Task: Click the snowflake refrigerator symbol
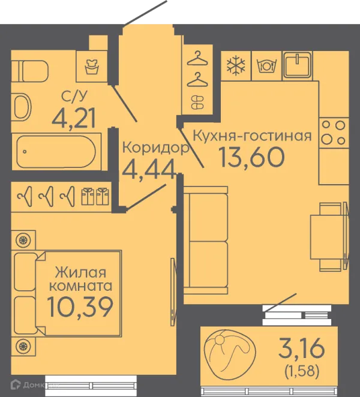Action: point(236,66)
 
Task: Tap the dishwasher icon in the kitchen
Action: point(266,65)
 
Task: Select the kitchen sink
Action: point(297,65)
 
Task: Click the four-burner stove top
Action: point(334,133)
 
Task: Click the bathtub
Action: point(56,152)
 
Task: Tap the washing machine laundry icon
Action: point(92,67)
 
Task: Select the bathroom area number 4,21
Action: point(74,118)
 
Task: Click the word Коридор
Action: point(156,148)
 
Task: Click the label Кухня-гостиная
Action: point(252,136)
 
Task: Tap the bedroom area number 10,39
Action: point(80,307)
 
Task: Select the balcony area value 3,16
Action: point(301,348)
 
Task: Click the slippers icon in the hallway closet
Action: point(197,103)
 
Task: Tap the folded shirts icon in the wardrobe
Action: point(95,196)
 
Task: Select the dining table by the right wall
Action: point(328,237)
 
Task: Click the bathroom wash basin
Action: point(21,107)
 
